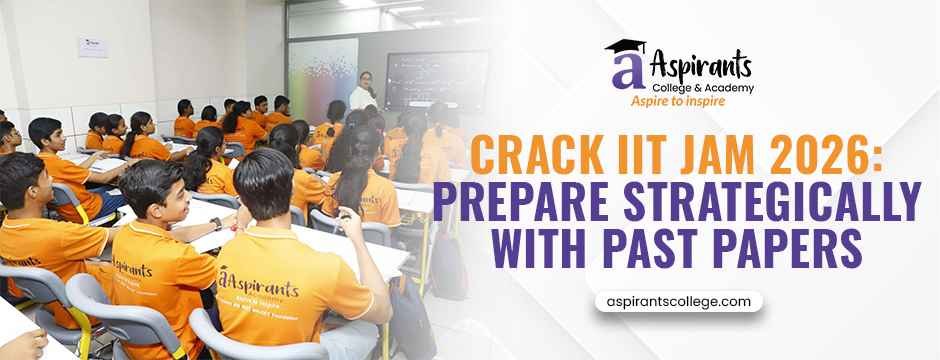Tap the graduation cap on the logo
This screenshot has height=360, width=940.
626,47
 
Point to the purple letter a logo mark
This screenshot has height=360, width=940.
622,72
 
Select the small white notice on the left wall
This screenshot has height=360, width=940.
93,46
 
